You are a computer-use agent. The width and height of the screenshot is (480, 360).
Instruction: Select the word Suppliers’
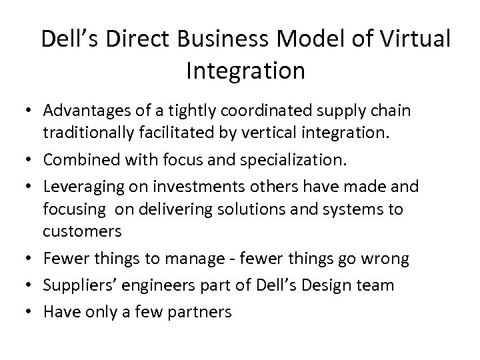tap(79, 285)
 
